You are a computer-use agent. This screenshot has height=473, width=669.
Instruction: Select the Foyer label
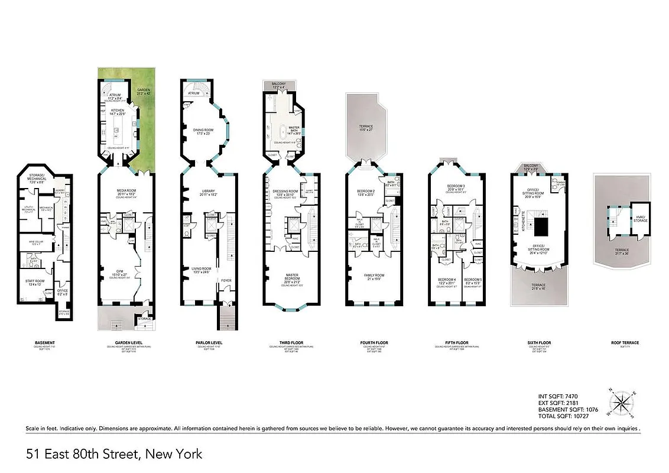pyautogui.click(x=226, y=280)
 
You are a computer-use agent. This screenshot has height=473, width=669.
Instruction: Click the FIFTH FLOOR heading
pyautogui.click(x=456, y=343)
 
